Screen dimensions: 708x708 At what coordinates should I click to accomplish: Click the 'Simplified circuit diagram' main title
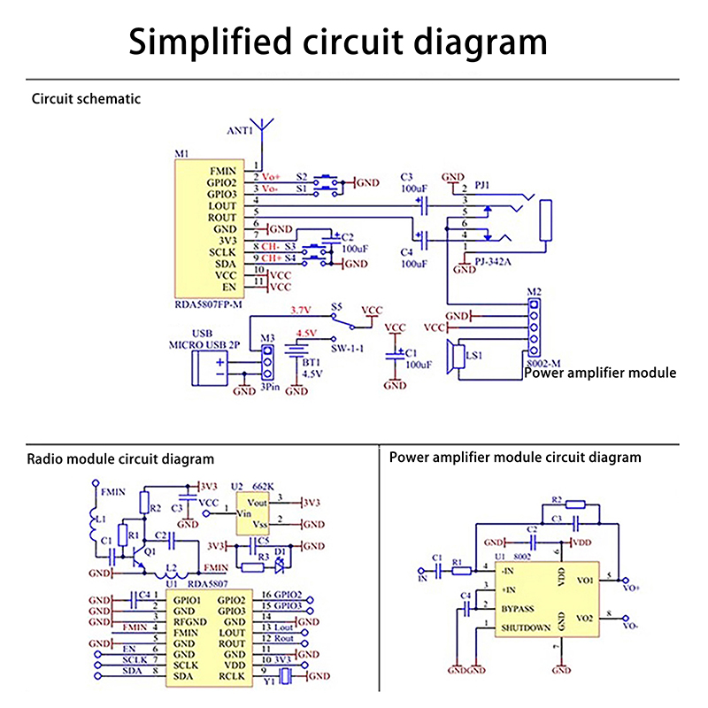click(x=338, y=42)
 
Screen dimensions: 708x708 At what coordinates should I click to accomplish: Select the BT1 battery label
click(x=310, y=362)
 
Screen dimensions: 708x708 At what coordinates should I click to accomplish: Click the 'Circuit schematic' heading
click(x=86, y=99)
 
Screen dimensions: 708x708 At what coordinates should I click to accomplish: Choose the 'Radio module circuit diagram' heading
click(x=120, y=459)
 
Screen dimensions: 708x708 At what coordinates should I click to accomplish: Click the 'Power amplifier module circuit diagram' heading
click(x=515, y=458)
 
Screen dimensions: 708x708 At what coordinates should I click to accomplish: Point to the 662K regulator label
click(x=264, y=486)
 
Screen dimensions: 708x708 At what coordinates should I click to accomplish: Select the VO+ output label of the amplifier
click(x=632, y=588)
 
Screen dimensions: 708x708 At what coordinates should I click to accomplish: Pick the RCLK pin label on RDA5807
click(x=232, y=677)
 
